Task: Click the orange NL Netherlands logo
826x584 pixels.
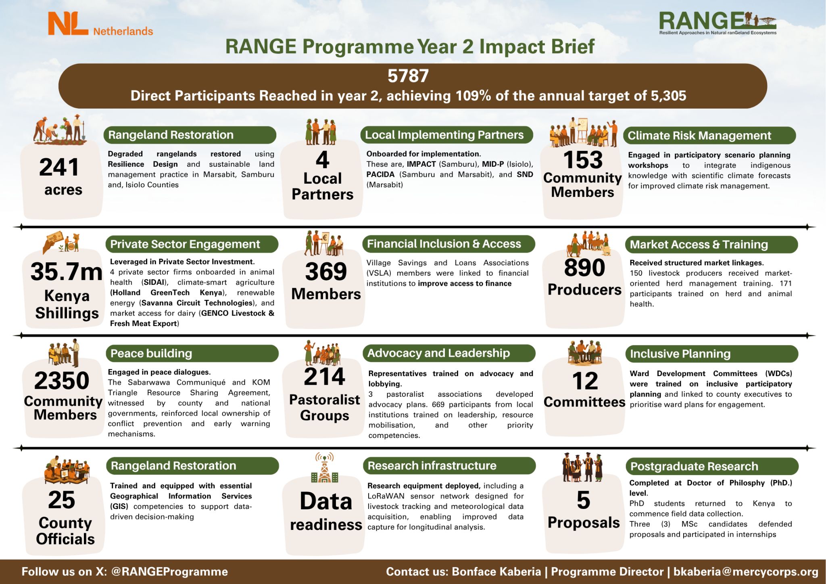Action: coord(100,24)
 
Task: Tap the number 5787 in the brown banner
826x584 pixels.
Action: coord(408,76)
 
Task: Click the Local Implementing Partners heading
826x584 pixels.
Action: coord(444,135)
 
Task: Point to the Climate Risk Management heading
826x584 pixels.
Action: coord(699,136)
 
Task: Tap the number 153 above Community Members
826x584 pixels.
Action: coord(582,159)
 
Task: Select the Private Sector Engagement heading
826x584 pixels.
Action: coord(185,244)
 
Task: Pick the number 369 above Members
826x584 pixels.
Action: coord(326,271)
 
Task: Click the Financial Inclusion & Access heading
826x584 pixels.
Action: coord(444,244)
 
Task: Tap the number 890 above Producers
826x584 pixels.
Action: coord(584,268)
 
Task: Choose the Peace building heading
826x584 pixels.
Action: coord(151,354)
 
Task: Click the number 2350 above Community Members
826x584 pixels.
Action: coord(62,381)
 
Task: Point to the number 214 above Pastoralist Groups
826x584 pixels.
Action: coord(324,377)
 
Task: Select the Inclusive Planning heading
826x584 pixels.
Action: coord(680,354)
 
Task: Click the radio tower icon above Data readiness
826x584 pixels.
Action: coord(325,468)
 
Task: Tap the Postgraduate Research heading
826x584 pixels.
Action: coord(694,467)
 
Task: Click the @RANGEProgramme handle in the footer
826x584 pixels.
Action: coord(169,572)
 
